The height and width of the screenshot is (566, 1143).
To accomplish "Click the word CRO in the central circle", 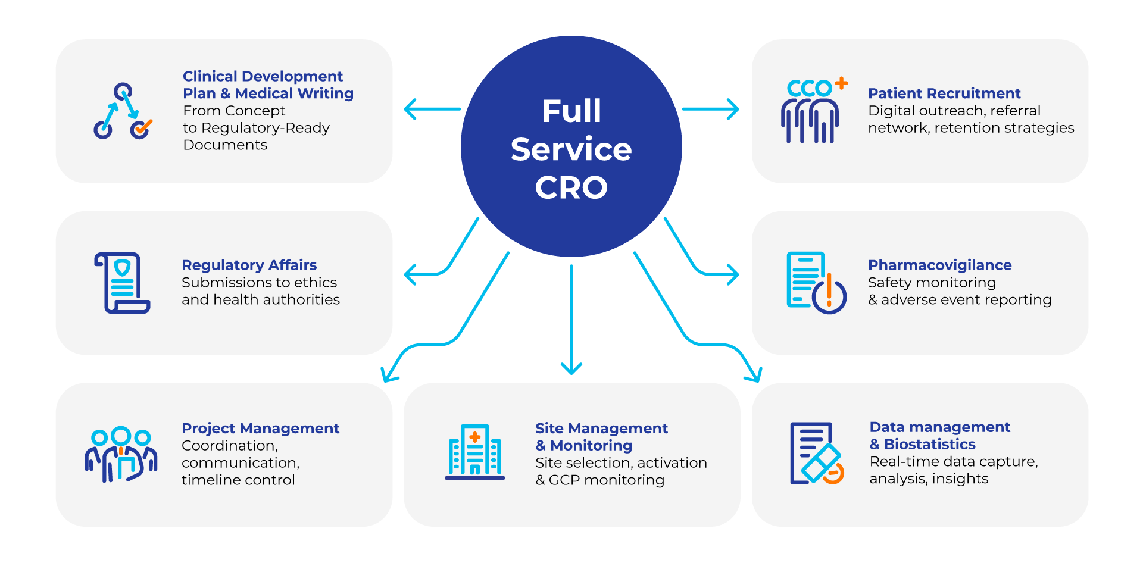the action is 571,187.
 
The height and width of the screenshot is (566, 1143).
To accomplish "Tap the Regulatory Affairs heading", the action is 249,265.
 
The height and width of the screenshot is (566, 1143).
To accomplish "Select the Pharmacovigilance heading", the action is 939,265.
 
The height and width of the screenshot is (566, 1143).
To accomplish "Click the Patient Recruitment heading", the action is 944,93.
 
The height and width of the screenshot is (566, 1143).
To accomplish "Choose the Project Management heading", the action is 260,429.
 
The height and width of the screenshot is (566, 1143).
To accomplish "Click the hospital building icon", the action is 474,452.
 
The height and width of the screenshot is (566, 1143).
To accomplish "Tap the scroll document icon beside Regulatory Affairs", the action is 122,283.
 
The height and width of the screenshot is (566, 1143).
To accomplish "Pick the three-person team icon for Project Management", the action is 121,454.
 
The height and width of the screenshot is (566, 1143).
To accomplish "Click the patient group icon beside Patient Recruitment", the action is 813,111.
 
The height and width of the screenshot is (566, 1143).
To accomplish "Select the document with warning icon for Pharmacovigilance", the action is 816,283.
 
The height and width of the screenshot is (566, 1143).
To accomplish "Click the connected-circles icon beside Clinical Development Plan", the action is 123,111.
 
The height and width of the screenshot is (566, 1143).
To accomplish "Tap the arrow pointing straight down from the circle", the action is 571,320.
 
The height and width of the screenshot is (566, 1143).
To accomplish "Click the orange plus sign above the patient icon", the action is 841,83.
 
